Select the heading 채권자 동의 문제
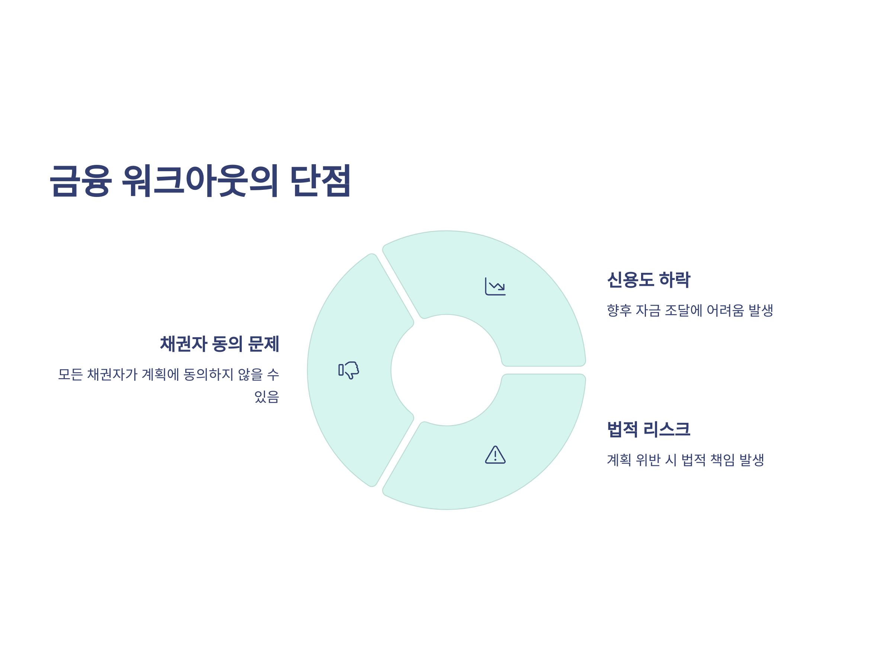(220, 344)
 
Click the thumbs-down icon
(349, 370)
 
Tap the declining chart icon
(495, 286)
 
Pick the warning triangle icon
(495, 455)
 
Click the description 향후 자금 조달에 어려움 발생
(689, 310)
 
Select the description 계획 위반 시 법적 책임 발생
(685, 460)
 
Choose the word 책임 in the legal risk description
(723, 460)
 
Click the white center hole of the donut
(446, 370)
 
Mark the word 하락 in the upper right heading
(675, 280)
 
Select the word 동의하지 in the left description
(208, 374)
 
